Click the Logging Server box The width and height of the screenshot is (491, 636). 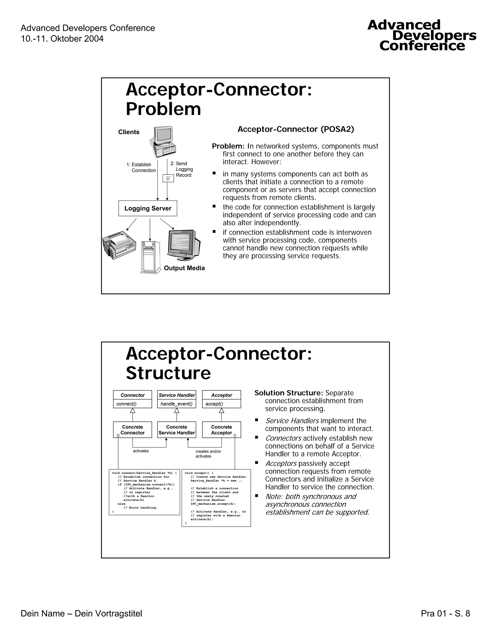pyautogui.click(x=148, y=208)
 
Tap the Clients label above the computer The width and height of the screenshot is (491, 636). pyautogui.click(x=129, y=132)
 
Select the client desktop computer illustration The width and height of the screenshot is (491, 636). pyautogui.click(x=164, y=142)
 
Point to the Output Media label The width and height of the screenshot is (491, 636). pyautogui.click(x=184, y=268)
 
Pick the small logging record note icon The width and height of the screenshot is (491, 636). pyautogui.click(x=168, y=178)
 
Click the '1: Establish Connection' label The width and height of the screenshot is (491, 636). pyautogui.click(x=141, y=168)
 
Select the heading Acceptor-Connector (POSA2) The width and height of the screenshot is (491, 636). pyautogui.click(x=296, y=129)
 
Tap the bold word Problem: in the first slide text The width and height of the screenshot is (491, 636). pyautogui.click(x=228, y=146)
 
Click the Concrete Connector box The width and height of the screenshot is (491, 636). pyautogui.click(x=133, y=430)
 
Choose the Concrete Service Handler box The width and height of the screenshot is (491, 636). pyautogui.click(x=176, y=430)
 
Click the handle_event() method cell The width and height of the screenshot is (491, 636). pyautogui.click(x=176, y=404)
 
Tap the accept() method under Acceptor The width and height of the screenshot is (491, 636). pyautogui.click(x=214, y=404)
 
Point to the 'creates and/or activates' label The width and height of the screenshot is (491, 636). pyautogui.click(x=208, y=454)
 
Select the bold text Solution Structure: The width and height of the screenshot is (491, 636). pyautogui.click(x=289, y=393)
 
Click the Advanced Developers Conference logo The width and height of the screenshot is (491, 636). pyautogui.click(x=422, y=36)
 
